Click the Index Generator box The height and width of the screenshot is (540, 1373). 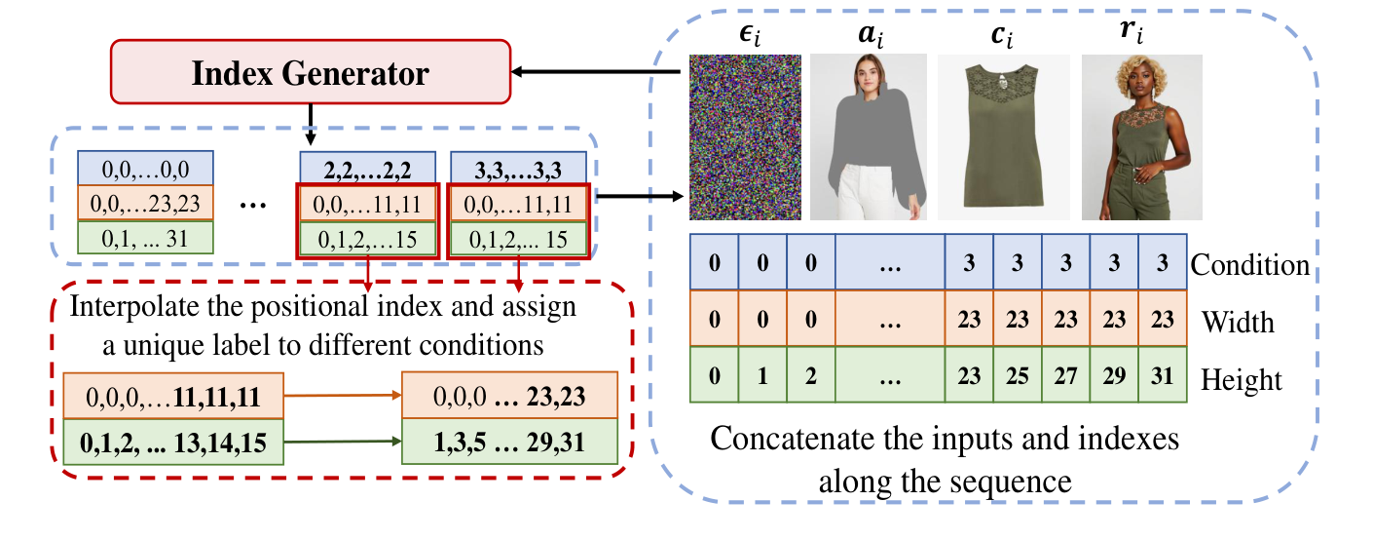[310, 73]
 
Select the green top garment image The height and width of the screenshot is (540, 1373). [1003, 136]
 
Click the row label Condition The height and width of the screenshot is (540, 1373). [1250, 265]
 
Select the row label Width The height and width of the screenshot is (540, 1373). [1238, 321]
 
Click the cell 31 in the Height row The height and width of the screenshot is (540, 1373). [1163, 377]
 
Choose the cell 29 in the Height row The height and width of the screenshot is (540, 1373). [1114, 377]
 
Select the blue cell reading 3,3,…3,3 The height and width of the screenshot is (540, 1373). [517, 167]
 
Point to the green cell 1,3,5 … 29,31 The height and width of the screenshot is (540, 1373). [509, 440]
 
